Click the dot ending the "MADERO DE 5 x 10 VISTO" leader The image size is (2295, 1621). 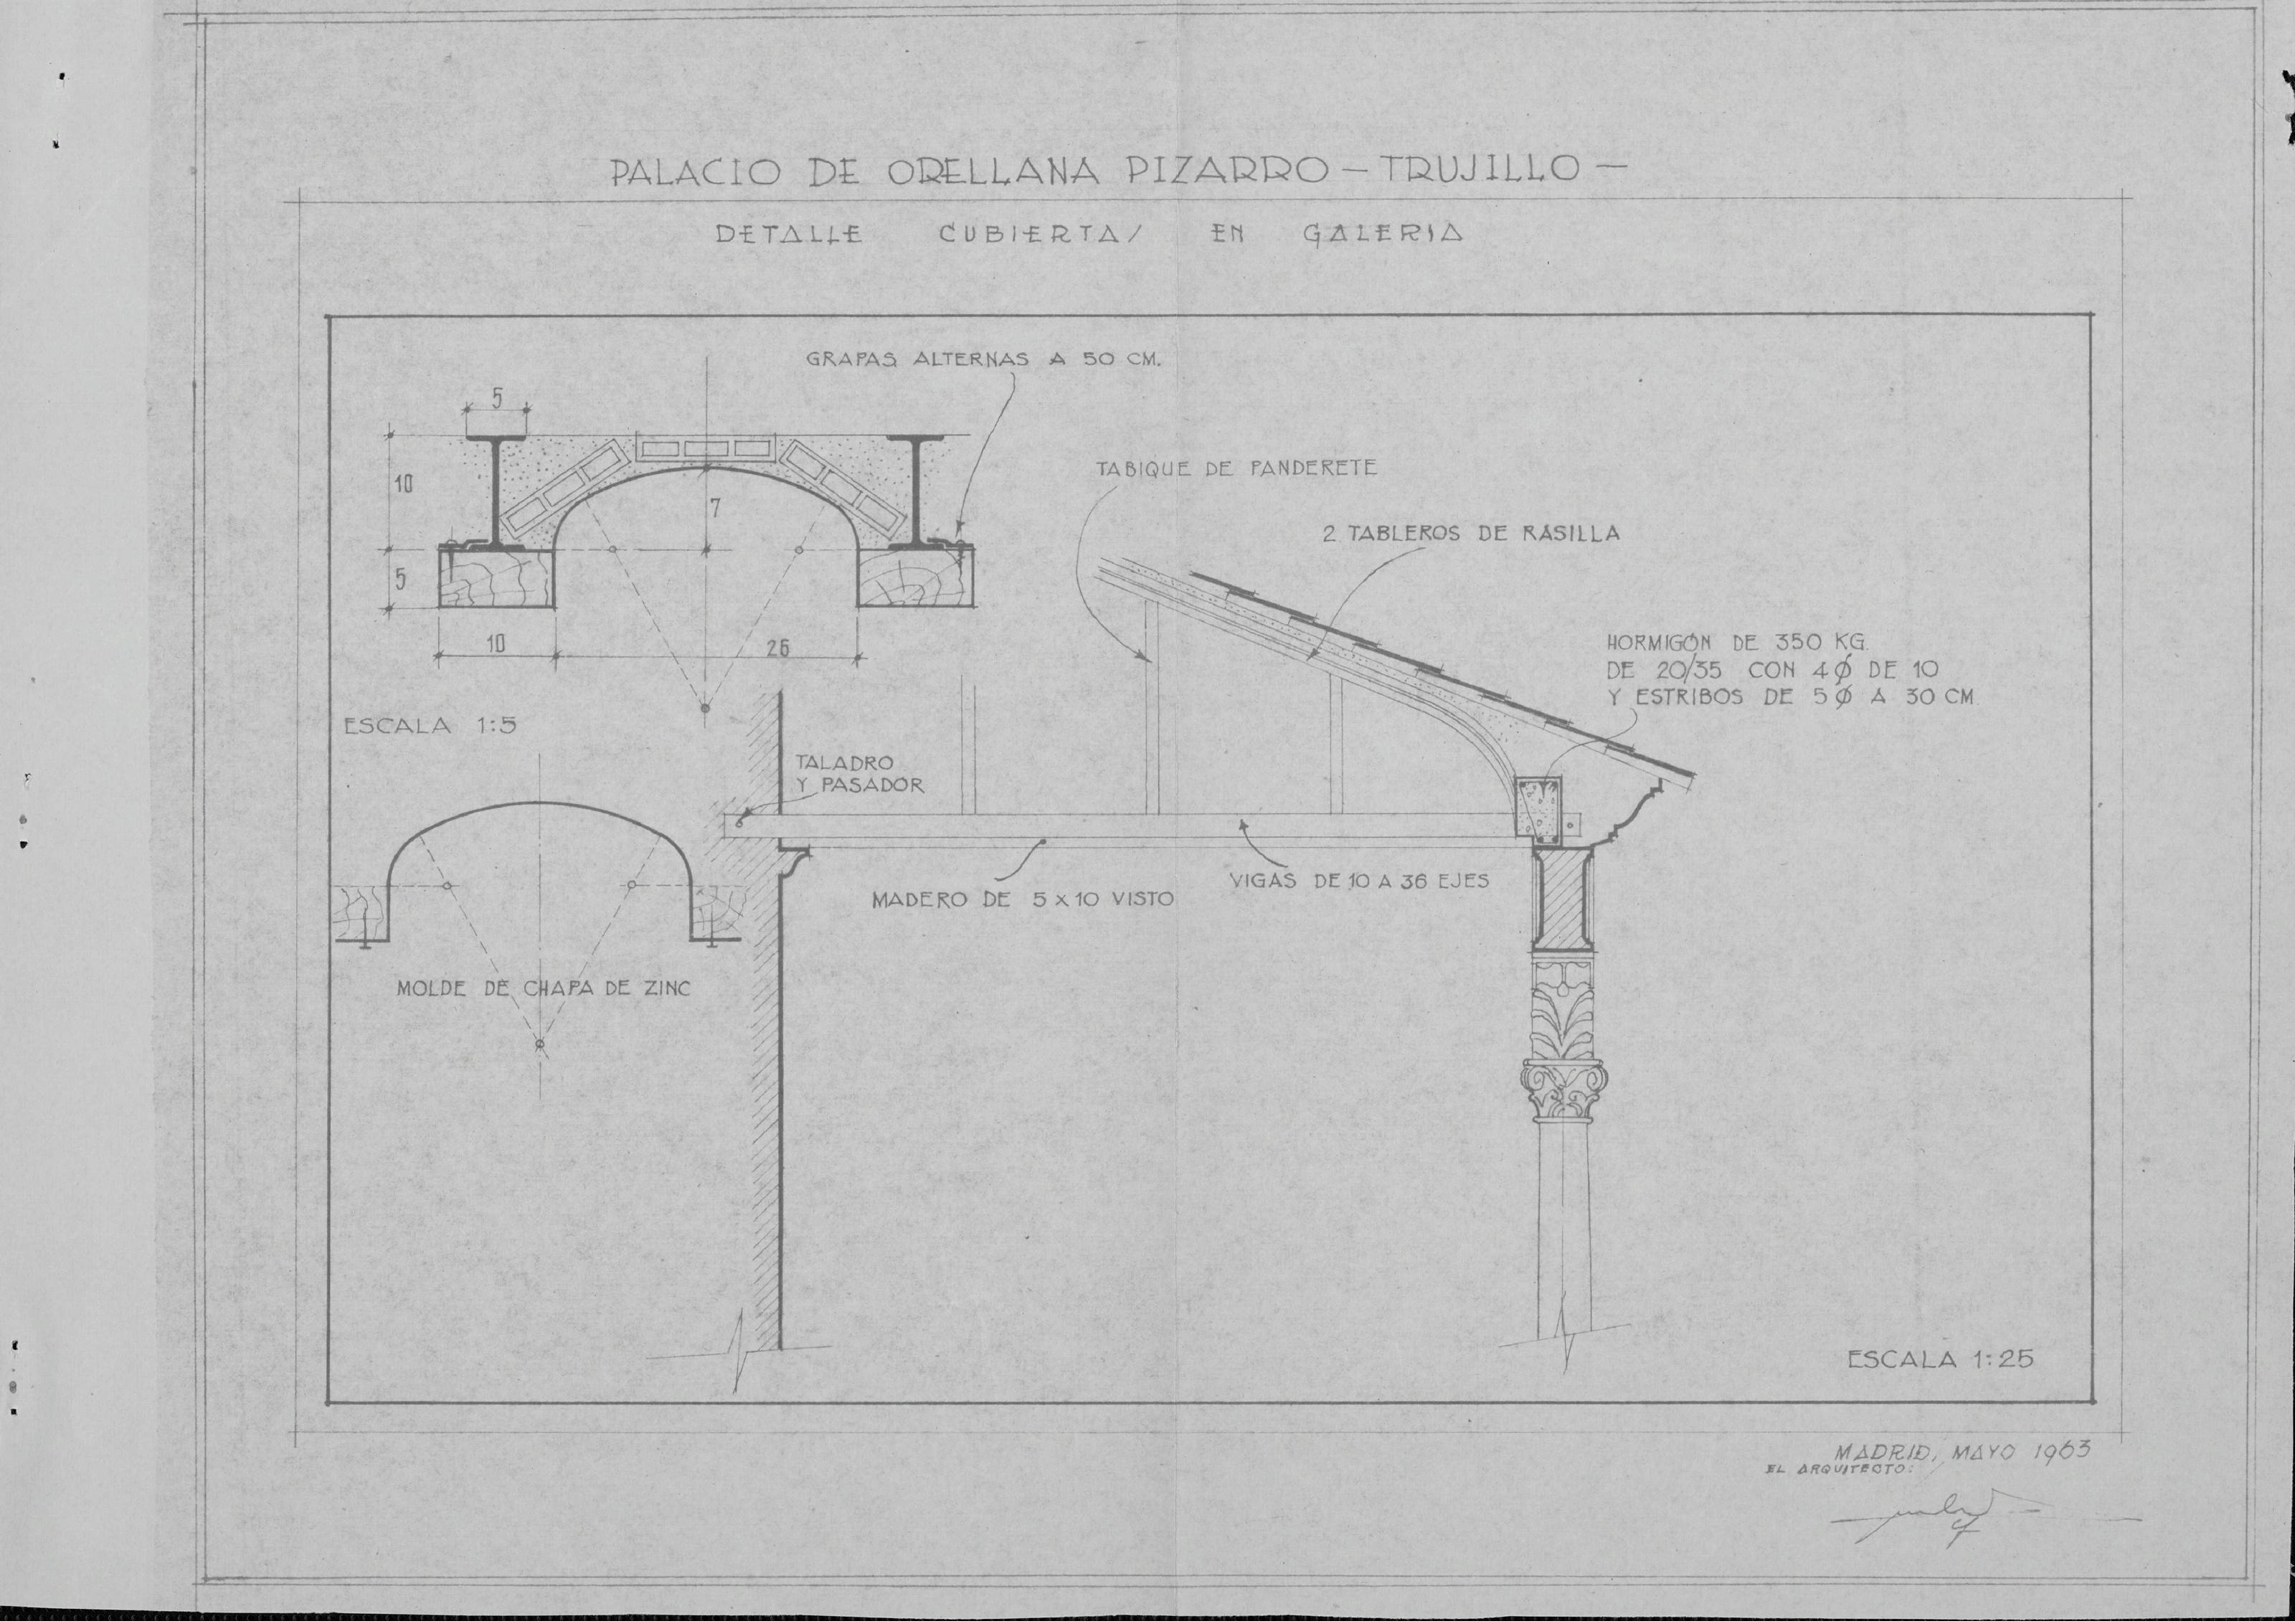1043,841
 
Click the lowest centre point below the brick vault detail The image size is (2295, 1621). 706,709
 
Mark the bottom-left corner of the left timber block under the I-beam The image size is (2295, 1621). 440,607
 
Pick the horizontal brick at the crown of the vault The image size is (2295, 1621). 706,448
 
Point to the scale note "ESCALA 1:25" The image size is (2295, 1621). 1940,1359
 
